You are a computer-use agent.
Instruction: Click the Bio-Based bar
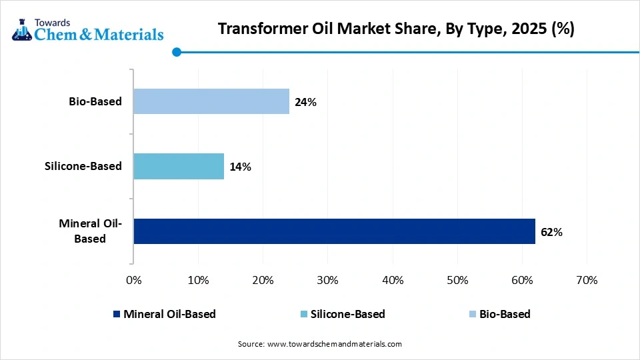click(211, 101)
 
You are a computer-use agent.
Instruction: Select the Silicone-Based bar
click(179, 166)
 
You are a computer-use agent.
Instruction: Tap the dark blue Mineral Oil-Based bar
click(334, 231)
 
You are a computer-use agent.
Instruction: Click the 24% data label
click(306, 102)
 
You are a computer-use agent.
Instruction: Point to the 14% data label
click(241, 167)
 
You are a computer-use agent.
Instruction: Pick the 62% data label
click(552, 232)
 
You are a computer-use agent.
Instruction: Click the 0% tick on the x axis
click(134, 280)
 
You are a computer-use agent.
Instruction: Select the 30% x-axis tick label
click(328, 280)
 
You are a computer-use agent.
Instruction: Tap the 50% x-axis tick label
click(457, 280)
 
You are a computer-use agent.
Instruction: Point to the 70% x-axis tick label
click(587, 280)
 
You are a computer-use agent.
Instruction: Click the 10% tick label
click(199, 280)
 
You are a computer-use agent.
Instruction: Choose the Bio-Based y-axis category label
click(95, 101)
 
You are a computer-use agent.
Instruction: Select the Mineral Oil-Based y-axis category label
click(90, 231)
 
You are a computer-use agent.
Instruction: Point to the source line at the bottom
click(320, 344)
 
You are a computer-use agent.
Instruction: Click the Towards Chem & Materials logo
click(87, 29)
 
